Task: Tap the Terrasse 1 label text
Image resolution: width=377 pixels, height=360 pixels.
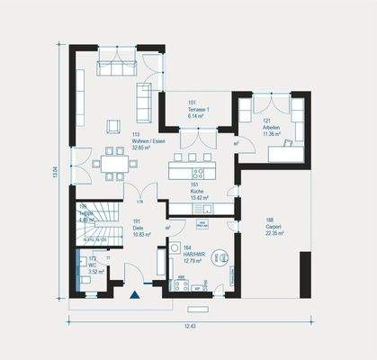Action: point(198,109)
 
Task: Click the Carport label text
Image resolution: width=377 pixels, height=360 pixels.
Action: point(274,225)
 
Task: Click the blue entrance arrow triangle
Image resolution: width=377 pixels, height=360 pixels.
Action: point(136,293)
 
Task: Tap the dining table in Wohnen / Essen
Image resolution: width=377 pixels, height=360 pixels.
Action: point(114,165)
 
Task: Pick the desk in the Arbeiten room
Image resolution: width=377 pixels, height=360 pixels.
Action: point(288,154)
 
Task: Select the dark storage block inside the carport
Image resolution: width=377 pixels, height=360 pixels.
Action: point(305,274)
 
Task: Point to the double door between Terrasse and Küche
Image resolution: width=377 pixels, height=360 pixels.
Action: point(194,139)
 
